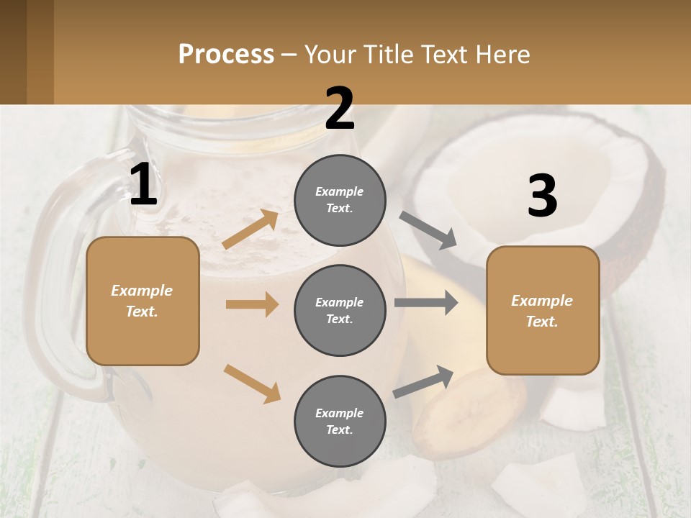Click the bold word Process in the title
(226, 55)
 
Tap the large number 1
(143, 185)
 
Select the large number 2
(340, 109)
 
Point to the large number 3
(542, 196)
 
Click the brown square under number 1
(143, 301)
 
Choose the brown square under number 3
(543, 310)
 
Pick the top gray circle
(340, 200)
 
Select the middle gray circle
(340, 310)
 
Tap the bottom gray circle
(340, 421)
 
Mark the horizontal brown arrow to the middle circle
(252, 304)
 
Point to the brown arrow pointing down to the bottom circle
(252, 383)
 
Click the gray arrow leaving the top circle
(428, 230)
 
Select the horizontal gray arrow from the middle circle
(426, 302)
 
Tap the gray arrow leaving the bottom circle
(423, 382)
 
